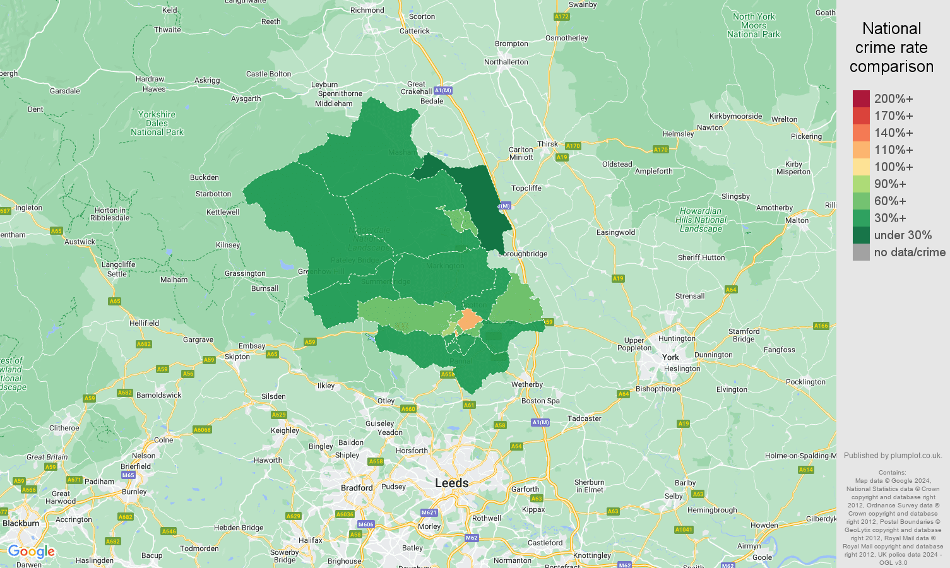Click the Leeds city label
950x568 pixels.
[x=451, y=483]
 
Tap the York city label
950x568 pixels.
[x=670, y=357]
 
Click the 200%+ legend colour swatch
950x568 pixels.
[x=861, y=98]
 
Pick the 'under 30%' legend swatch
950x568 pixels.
[x=861, y=235]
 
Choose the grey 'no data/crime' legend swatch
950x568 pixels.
[x=861, y=252]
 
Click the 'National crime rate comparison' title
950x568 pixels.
[x=891, y=47]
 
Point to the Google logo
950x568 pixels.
[x=32, y=552]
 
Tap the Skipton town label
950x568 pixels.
[x=237, y=357]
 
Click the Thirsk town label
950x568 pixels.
[x=547, y=144]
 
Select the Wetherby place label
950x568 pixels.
[x=527, y=384]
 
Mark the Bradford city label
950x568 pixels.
[x=357, y=488]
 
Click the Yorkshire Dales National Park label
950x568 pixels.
[x=157, y=123]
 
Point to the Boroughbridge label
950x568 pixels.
[x=523, y=254]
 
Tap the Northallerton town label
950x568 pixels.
[x=506, y=62]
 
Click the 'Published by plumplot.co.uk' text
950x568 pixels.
[x=893, y=455]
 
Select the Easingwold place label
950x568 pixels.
[x=615, y=232]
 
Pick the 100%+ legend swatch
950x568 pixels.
[x=861, y=167]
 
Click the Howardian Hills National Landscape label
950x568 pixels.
[x=701, y=220]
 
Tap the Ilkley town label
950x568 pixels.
[x=326, y=386]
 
